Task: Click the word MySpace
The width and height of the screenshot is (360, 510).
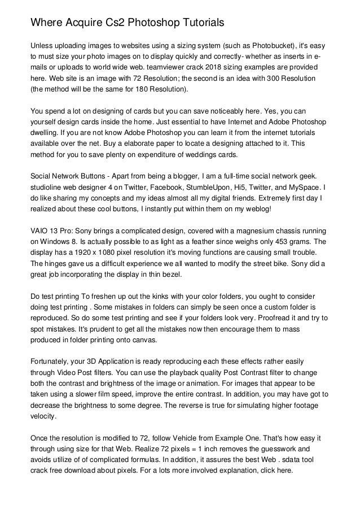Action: tap(304, 188)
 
